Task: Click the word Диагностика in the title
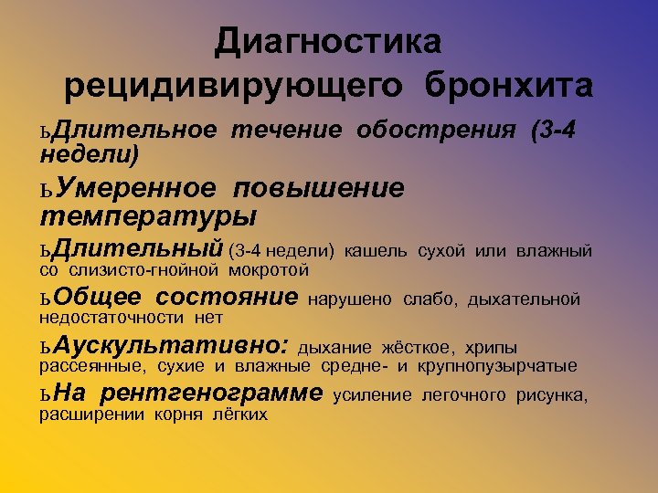(328, 41)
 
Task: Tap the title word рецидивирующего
(233, 86)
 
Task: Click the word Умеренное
(136, 188)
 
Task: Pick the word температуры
(148, 217)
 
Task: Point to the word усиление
(373, 395)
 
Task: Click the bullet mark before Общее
(46, 299)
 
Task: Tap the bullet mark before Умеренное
(46, 190)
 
